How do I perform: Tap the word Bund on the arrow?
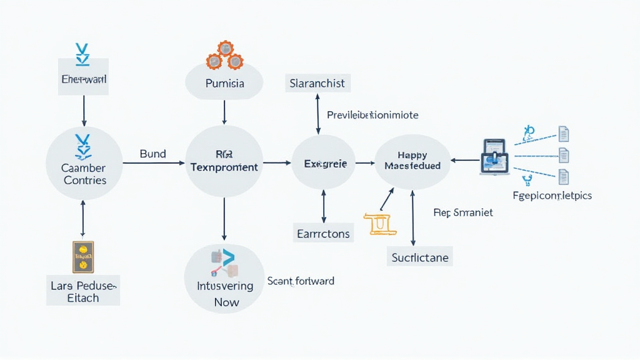pos(152,154)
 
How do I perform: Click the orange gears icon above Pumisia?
pos(224,55)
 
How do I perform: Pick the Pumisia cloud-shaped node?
pos(224,82)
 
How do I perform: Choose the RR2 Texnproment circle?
pos(223,162)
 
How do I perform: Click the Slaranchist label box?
pos(317,83)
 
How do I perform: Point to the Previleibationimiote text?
pos(372,115)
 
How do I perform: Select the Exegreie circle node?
pos(323,162)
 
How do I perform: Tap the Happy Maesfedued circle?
pos(412,161)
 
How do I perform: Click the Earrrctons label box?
pos(323,234)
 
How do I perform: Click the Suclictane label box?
pos(419,257)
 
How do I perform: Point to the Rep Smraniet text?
pos(462,212)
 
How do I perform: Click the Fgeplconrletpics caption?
pos(551,196)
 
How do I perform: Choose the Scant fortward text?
pos(301,281)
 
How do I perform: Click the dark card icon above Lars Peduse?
pos(83,257)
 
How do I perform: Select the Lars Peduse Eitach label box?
pos(83,291)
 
